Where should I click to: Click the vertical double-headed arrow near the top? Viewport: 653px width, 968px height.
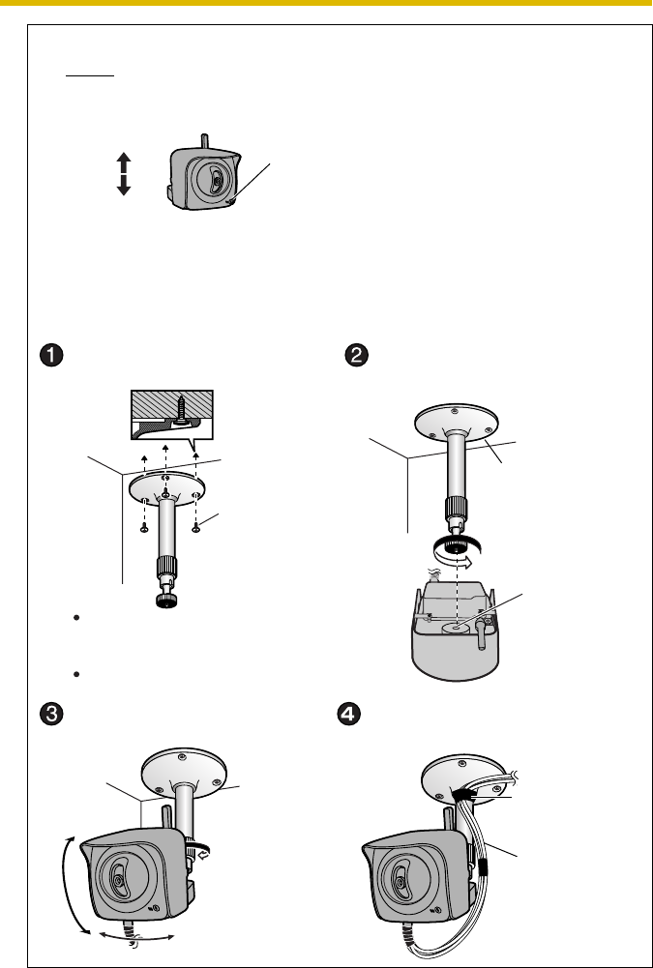[123, 173]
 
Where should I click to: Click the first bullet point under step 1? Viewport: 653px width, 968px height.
[74, 616]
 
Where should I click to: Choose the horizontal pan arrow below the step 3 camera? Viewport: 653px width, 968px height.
[134, 936]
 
